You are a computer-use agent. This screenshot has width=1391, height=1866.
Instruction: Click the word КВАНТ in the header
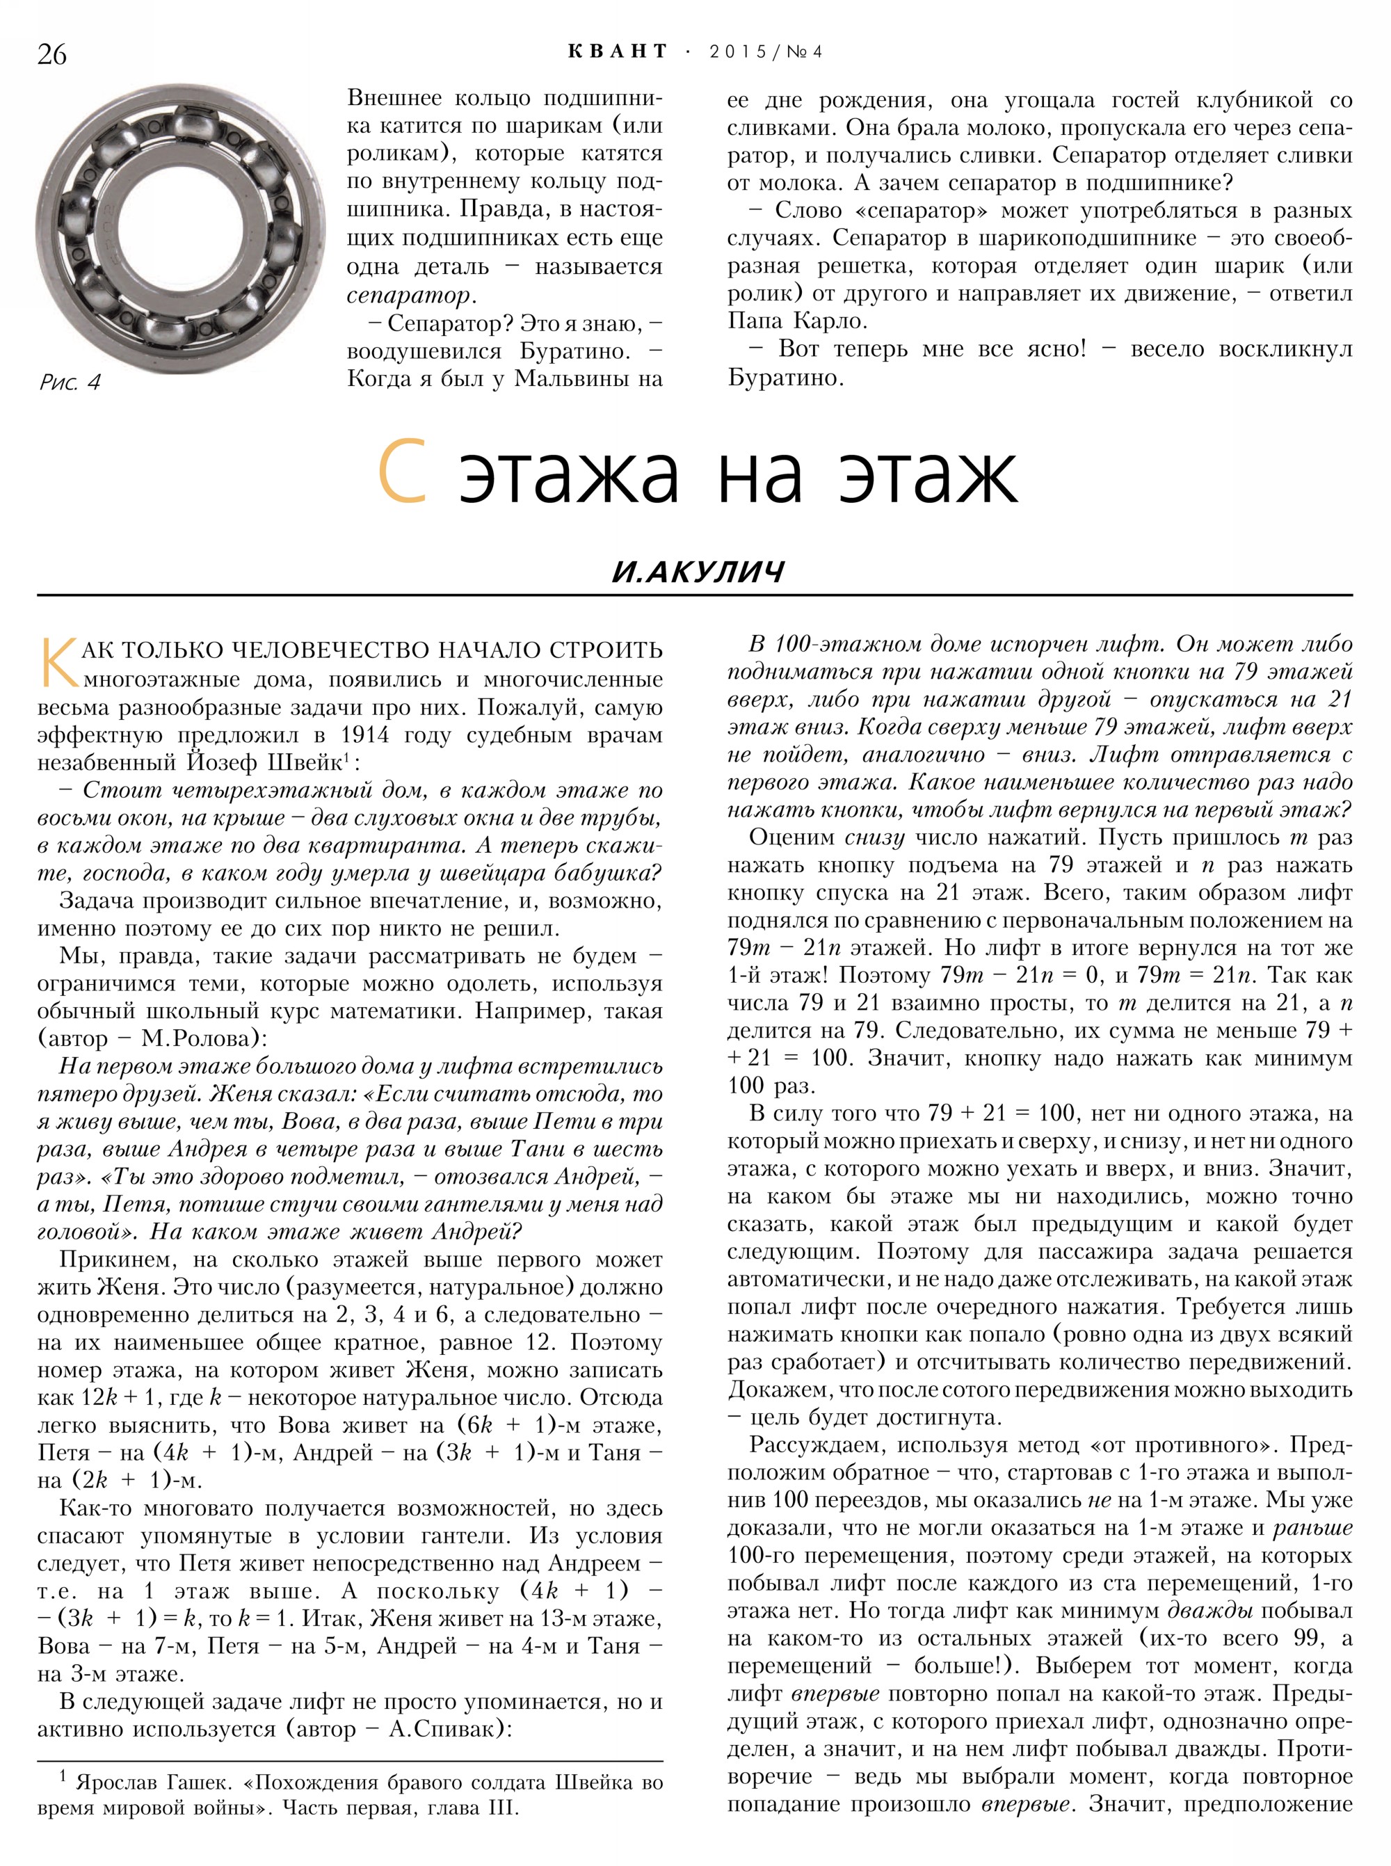(617, 52)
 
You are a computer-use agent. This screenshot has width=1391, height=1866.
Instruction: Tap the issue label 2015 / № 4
(765, 52)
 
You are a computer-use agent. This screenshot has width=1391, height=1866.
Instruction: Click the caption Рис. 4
(69, 383)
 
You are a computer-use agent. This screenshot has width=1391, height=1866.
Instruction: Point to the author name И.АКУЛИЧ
(698, 572)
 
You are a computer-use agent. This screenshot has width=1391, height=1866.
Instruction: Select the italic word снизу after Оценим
(874, 838)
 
